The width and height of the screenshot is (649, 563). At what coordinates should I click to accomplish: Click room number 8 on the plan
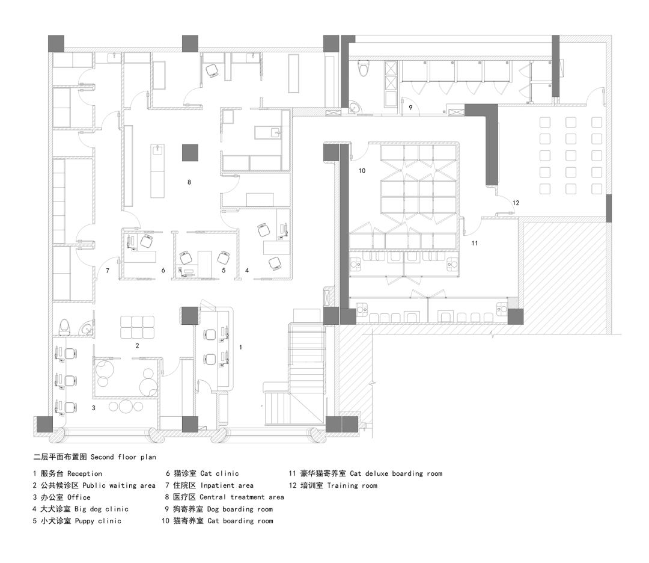pos(189,181)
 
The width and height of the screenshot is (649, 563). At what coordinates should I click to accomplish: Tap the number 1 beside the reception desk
pos(241,347)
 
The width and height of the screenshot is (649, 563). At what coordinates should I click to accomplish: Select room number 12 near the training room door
pos(516,203)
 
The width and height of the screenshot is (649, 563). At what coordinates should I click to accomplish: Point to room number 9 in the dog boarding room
pos(410,108)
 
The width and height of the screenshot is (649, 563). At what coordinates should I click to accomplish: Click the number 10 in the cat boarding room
pos(362,171)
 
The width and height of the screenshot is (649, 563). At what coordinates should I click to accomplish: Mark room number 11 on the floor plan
pos(474,243)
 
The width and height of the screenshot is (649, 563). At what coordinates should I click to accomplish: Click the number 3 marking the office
pos(93,408)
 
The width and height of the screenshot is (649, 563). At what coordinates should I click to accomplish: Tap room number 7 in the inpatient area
pos(108,271)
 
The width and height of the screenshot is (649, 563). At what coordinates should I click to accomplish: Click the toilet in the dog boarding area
pos(362,71)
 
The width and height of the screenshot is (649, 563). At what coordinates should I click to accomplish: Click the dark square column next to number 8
pos(190,152)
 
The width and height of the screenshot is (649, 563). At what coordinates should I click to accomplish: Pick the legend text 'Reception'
pos(84,474)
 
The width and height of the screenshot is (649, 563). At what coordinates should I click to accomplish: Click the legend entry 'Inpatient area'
pos(227,485)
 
